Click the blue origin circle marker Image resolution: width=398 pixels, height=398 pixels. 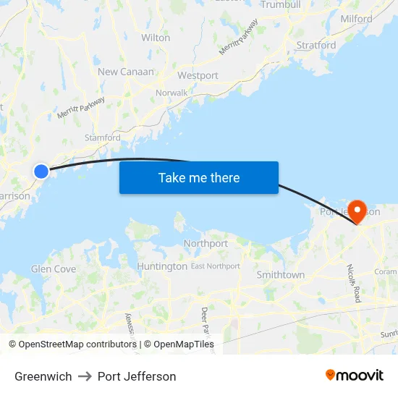click(x=41, y=171)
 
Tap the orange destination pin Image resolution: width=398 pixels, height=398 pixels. click(x=357, y=211)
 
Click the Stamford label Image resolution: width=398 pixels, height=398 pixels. click(x=103, y=137)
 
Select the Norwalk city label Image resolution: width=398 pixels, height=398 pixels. click(x=172, y=93)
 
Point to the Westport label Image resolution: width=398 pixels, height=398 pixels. click(x=198, y=75)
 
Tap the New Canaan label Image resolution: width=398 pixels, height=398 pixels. click(x=126, y=72)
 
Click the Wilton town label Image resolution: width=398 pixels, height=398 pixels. click(x=156, y=37)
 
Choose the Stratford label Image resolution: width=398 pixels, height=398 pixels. click(x=316, y=45)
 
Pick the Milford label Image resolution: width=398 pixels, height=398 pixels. click(x=356, y=19)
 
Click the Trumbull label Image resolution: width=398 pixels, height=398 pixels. click(x=280, y=4)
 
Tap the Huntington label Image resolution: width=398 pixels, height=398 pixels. click(x=162, y=266)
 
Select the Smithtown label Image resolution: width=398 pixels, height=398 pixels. click(x=281, y=275)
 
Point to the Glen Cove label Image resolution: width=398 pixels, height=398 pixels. click(x=54, y=269)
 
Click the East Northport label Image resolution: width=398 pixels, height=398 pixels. click(x=216, y=266)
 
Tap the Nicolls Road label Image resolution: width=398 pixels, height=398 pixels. click(x=355, y=283)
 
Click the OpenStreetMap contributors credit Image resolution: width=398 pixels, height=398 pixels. click(x=72, y=344)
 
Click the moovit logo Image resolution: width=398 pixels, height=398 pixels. click(x=355, y=376)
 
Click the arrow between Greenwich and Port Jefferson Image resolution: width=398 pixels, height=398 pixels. click(x=85, y=376)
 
